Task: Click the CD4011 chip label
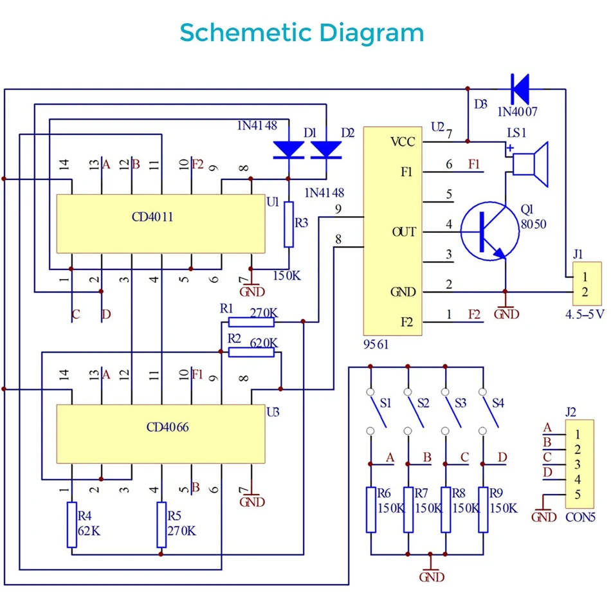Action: (x=152, y=217)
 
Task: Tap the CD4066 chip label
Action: (x=168, y=427)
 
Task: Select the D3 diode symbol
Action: (x=520, y=89)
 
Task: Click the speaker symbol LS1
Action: (x=531, y=164)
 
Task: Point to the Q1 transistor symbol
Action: (x=490, y=231)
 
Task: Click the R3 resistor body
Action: (x=289, y=224)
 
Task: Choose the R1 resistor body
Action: (x=251, y=322)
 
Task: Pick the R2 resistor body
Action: (x=251, y=352)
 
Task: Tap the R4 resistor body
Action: (x=71, y=524)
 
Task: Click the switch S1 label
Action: (x=385, y=403)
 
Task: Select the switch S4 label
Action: (x=498, y=403)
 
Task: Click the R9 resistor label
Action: (x=496, y=493)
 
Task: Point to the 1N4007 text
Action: (x=517, y=112)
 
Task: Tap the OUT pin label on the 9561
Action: (x=404, y=232)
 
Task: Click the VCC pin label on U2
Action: (x=403, y=142)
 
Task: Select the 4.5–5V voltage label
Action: (x=585, y=314)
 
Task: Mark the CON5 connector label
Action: (x=580, y=517)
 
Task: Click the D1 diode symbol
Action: (x=289, y=150)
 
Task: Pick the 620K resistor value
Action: (x=264, y=343)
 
